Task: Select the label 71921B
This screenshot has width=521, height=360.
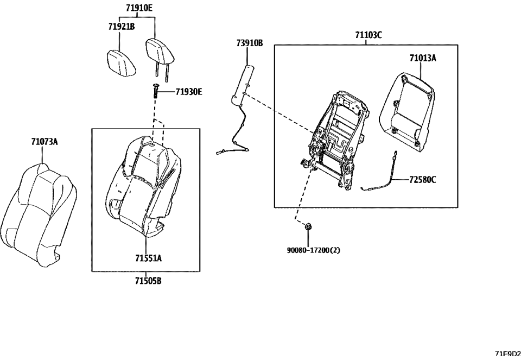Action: point(121,27)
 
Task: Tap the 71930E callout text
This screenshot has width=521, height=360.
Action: point(188,92)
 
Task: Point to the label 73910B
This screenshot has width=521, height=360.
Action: point(249,42)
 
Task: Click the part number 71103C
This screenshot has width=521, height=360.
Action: point(368,35)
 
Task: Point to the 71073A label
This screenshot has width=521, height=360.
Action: point(44,142)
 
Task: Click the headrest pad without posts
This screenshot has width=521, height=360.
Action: point(121,64)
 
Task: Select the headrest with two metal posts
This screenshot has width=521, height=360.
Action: point(160,52)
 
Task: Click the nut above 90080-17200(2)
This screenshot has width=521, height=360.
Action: point(309,227)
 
